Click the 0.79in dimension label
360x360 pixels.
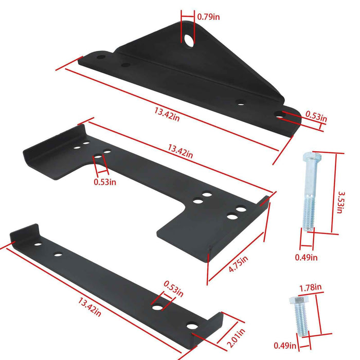coord(209,16)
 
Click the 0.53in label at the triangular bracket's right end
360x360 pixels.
coord(316,117)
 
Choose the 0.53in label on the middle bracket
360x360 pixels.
coord(105,181)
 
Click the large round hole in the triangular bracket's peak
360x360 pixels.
coord(190,40)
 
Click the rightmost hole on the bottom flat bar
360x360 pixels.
coord(192,326)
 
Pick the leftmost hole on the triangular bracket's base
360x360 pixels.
coord(101,57)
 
